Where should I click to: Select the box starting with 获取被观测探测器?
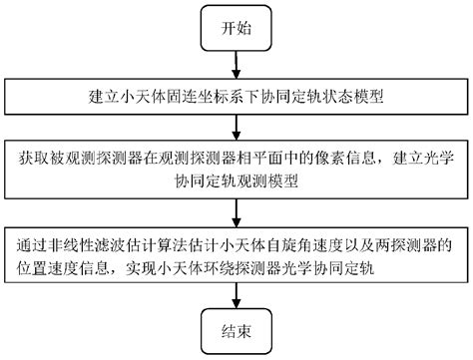237,169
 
